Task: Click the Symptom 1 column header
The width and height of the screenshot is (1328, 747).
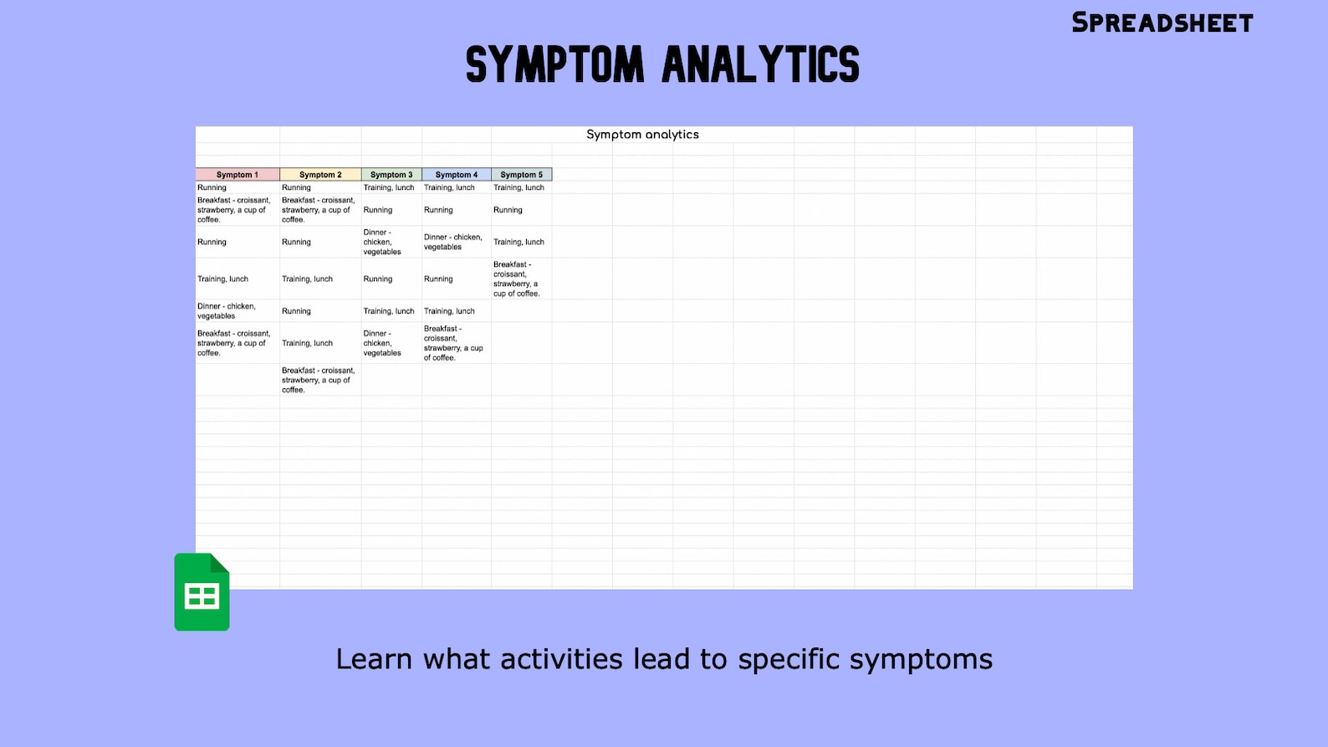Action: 238,175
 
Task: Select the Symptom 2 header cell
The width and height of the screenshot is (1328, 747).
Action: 320,175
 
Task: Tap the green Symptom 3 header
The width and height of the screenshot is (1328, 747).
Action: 391,175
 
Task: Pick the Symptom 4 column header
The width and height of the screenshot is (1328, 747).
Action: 457,175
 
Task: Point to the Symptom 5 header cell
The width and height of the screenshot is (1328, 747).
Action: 521,175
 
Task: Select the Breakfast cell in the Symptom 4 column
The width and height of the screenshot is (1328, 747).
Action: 453,343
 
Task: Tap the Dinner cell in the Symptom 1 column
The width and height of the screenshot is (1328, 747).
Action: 227,311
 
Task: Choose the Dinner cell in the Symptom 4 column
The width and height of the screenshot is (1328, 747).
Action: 453,242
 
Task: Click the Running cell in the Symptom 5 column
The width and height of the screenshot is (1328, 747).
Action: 508,210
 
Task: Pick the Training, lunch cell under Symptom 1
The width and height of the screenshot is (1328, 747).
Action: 223,279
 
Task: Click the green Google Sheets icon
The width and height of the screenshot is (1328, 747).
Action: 202,592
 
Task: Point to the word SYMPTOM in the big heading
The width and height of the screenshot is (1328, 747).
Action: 555,65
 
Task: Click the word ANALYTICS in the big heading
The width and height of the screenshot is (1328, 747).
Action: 761,65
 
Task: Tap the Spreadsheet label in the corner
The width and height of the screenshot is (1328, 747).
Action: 1162,23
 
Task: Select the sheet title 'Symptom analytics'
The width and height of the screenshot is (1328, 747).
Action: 642,135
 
